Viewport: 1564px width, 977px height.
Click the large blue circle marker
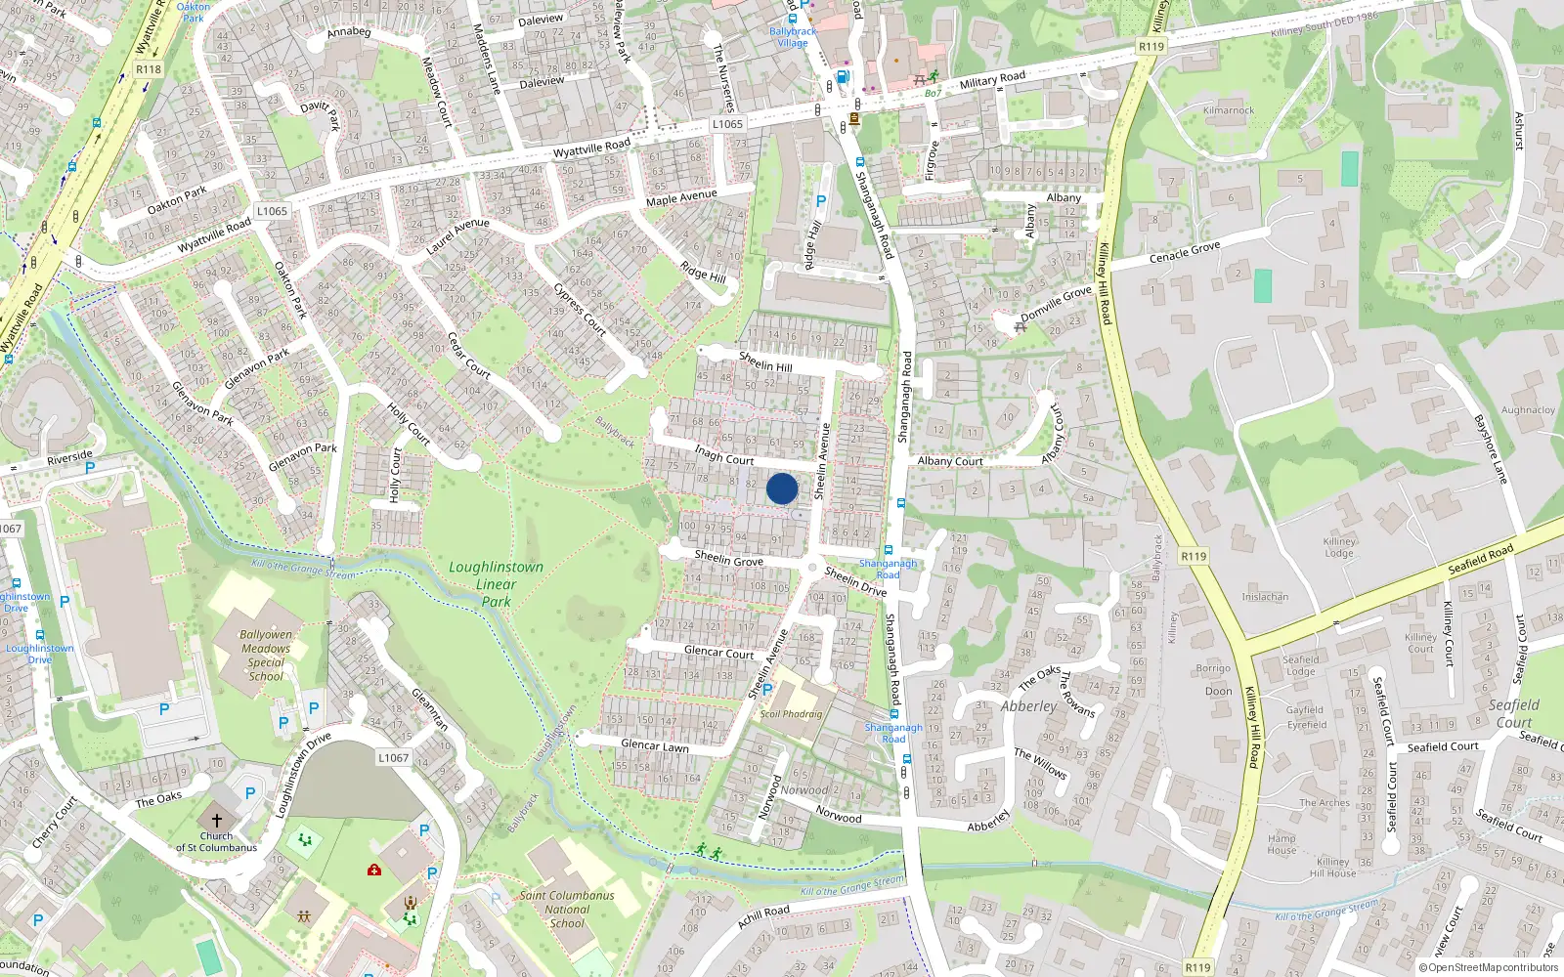(782, 488)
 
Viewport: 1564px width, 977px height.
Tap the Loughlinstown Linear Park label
(496, 584)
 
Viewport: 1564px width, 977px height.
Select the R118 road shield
(149, 69)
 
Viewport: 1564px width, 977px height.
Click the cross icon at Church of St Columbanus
(217, 821)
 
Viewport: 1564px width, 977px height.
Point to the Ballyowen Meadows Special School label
(266, 655)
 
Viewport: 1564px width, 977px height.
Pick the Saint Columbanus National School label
(567, 909)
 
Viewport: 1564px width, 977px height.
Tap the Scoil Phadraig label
(791, 714)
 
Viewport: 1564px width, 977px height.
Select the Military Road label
(992, 80)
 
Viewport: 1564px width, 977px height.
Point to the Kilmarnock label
(1229, 110)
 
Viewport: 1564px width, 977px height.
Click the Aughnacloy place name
(1528, 410)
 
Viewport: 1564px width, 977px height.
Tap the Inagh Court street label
(724, 455)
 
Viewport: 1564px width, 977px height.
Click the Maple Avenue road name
(681, 197)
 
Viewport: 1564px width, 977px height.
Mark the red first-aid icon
(373, 870)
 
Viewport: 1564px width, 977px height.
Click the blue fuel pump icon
(844, 77)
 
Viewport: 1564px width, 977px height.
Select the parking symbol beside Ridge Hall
(821, 201)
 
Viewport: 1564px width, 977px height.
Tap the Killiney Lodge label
(1339, 547)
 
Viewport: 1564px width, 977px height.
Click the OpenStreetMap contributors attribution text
(1489, 968)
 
